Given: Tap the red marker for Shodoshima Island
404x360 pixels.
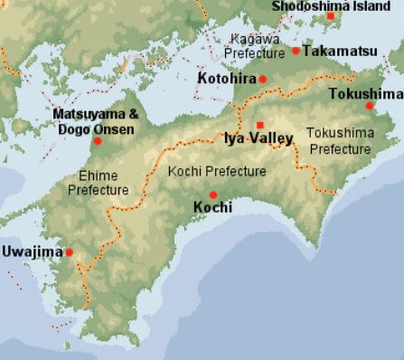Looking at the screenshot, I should (x=332, y=16).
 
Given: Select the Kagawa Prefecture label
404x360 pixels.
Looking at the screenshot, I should (x=257, y=47).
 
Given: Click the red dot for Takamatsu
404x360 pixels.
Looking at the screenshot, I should (x=296, y=51).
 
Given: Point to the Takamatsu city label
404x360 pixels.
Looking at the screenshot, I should (x=340, y=51).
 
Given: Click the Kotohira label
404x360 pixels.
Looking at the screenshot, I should (x=226, y=80).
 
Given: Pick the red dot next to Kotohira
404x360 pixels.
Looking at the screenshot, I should (x=263, y=80).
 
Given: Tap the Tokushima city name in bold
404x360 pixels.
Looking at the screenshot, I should (x=365, y=93).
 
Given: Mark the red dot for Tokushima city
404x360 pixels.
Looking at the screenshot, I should (x=369, y=106).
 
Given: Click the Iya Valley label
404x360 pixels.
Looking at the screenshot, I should (x=258, y=138).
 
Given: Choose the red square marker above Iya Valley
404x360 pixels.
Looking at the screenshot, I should (x=260, y=125).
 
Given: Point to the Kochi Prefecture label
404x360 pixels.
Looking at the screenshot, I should (x=218, y=171).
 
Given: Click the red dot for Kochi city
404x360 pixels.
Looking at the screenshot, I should (x=213, y=194).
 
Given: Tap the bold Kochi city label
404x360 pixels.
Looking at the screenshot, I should (x=213, y=208).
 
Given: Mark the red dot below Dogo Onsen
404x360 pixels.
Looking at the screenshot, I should (x=98, y=140).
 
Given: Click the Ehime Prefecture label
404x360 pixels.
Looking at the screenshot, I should (x=99, y=184).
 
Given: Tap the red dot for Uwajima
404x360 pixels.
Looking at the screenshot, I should (x=69, y=252).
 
